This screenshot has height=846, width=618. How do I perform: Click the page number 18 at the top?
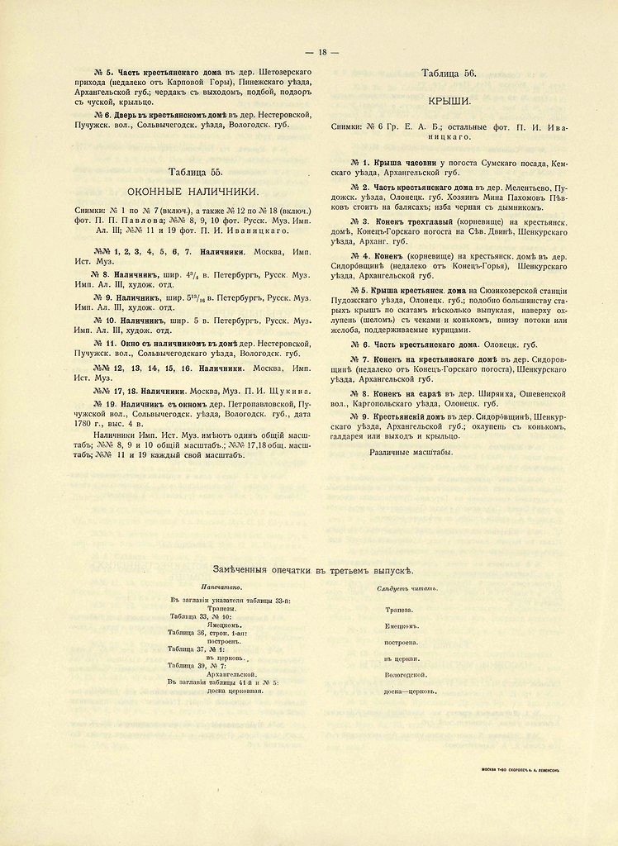[x=322, y=52]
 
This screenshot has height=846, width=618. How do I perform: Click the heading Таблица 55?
[x=195, y=172]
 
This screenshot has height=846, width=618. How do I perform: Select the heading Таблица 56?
[x=449, y=74]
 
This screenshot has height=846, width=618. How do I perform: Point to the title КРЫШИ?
[x=449, y=100]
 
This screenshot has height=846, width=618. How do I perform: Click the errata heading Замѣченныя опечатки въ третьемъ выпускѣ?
[x=313, y=571]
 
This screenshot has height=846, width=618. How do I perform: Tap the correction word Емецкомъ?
[x=402, y=626]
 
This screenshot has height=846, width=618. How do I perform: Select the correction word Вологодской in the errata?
[x=405, y=674]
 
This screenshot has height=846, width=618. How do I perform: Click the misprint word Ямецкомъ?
[x=224, y=625]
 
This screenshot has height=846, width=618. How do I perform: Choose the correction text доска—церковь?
[x=411, y=691]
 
